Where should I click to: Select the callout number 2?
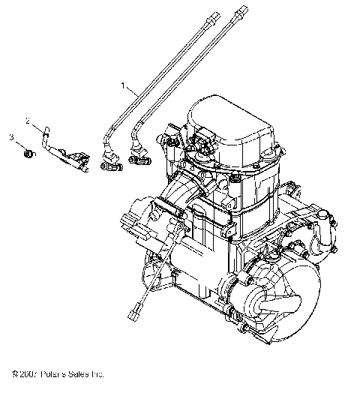pyautogui.click(x=28, y=121)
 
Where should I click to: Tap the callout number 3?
pyautogui.click(x=12, y=137)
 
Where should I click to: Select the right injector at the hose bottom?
pyautogui.click(x=139, y=157)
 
